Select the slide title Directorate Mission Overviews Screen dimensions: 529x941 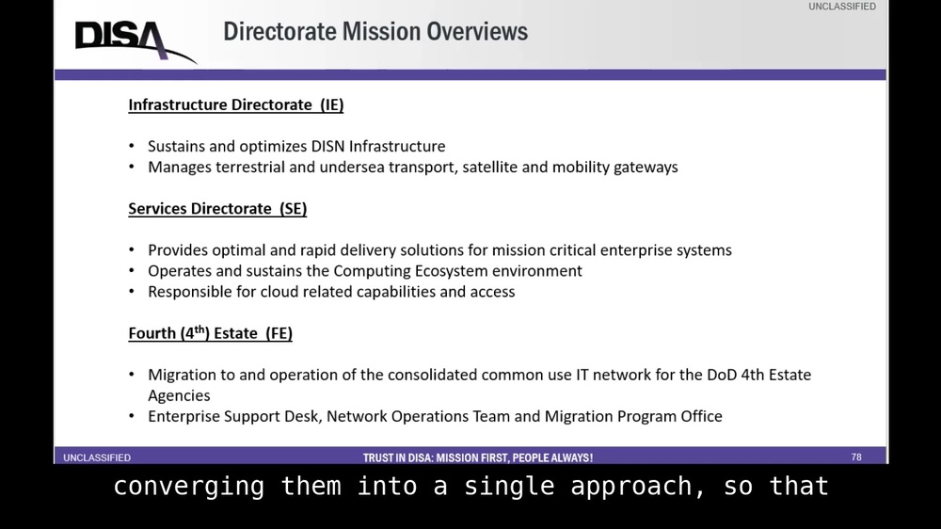(x=375, y=32)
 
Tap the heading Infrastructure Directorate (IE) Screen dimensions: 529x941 (x=236, y=105)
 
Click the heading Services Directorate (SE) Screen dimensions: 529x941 (x=217, y=209)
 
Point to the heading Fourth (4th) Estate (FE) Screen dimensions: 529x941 (x=211, y=333)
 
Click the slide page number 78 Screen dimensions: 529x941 (x=856, y=457)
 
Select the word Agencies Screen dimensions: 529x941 (x=179, y=395)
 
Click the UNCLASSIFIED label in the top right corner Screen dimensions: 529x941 (x=841, y=7)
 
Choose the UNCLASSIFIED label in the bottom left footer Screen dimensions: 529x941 (x=97, y=458)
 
